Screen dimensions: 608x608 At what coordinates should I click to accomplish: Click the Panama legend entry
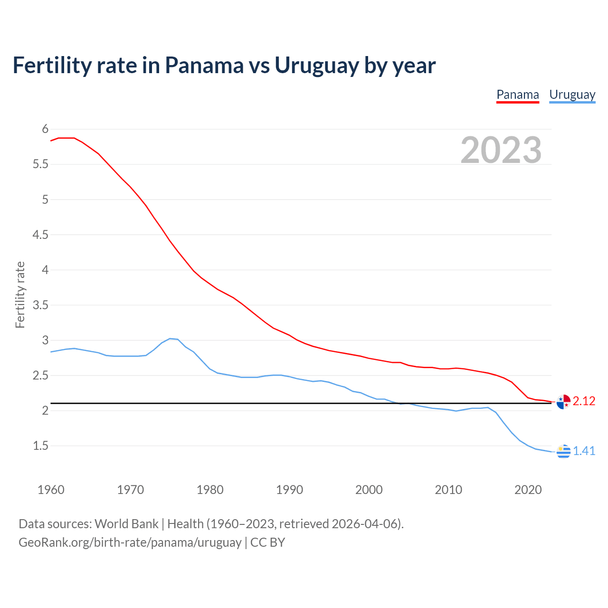pos(518,95)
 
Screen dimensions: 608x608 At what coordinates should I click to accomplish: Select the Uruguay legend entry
pos(572,95)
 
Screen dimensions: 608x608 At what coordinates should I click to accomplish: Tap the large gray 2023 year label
pos(501,150)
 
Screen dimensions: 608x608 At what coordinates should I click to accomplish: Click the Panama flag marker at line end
pos(563,401)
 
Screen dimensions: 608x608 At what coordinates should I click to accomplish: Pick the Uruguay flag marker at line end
pos(563,451)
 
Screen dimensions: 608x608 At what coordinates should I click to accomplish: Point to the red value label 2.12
pos(584,401)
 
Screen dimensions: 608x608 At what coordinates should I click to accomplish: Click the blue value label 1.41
pos(584,451)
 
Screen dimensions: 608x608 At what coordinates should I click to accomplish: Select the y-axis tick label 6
pos(45,129)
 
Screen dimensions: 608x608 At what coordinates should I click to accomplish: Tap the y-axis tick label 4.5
pos(41,235)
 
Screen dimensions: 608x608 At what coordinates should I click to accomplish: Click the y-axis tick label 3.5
pos(41,305)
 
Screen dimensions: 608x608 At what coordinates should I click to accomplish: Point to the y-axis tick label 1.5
pos(41,446)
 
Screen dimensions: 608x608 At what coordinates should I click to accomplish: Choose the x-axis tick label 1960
pos(51,490)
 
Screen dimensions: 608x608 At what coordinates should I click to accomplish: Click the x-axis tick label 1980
pos(210,490)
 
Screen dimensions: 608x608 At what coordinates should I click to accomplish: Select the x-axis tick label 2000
pos(369,490)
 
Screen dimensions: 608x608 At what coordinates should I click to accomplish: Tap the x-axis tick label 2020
pos(528,490)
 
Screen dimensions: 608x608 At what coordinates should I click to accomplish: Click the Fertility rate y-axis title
pos(20,294)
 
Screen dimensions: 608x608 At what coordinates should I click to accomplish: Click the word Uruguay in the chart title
pos(316,66)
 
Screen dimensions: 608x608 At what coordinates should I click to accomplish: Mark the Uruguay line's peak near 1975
pos(170,339)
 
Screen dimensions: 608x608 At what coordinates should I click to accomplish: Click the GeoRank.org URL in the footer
pos(130,542)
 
